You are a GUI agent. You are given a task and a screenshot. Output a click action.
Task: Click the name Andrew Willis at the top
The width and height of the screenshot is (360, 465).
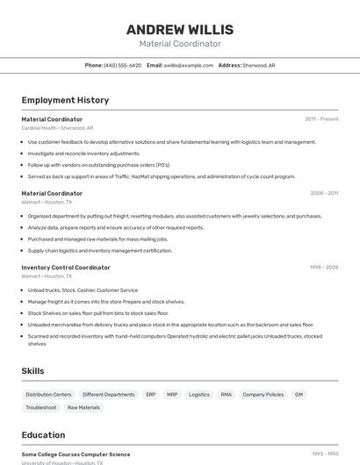click(179, 28)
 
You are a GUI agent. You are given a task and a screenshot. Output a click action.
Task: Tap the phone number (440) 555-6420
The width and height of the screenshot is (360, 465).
click(122, 65)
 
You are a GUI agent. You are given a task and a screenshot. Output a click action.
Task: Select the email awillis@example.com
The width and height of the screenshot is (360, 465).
click(188, 65)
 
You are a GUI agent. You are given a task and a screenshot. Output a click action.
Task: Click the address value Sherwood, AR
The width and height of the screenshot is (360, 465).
click(259, 65)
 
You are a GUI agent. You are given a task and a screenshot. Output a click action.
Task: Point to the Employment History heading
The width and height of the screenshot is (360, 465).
click(65, 100)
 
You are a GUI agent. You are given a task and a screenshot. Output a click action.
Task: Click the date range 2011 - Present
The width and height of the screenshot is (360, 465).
click(321, 119)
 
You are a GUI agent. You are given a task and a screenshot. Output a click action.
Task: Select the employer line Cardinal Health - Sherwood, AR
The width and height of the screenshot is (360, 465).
click(57, 128)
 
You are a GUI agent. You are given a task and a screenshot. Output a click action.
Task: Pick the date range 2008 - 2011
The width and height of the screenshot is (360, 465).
click(324, 193)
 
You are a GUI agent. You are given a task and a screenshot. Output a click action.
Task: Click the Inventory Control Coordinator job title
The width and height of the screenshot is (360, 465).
click(66, 268)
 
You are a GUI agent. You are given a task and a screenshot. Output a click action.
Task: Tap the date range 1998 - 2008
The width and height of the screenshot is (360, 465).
click(323, 268)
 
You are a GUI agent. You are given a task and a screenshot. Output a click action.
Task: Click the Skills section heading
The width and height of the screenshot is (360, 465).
click(32, 371)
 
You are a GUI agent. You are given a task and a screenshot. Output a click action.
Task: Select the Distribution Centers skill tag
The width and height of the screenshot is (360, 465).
click(48, 395)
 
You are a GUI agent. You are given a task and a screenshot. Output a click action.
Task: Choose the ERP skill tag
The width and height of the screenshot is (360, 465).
click(151, 395)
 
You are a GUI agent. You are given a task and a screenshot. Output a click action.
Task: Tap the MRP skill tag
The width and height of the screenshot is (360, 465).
click(172, 395)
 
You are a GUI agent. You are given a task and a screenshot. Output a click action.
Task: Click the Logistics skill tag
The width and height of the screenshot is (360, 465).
click(199, 395)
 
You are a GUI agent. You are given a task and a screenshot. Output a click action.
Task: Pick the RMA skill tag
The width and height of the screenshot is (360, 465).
click(227, 395)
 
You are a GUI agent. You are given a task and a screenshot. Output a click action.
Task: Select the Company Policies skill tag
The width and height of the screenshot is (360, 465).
click(263, 395)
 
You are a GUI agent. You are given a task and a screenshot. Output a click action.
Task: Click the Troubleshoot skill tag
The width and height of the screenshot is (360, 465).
click(41, 408)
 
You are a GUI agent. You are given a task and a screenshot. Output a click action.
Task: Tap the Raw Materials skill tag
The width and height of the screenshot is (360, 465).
click(83, 408)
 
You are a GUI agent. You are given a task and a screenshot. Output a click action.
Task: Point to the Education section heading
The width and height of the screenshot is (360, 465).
click(43, 435)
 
